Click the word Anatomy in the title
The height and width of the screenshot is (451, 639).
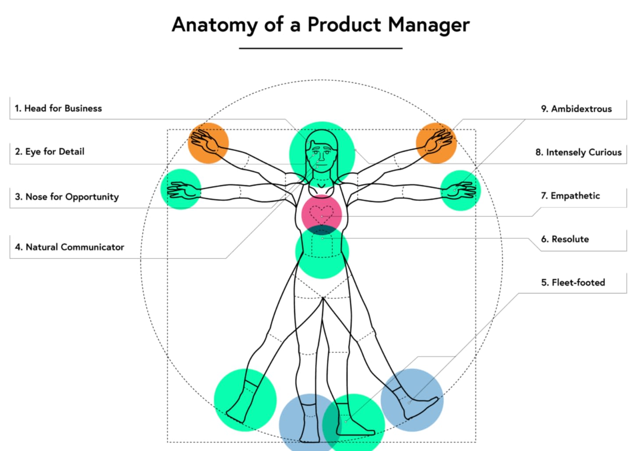(x=214, y=25)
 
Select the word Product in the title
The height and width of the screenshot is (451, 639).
(x=344, y=25)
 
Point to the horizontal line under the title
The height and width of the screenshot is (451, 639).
(x=320, y=48)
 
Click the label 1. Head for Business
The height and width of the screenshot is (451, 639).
(x=58, y=108)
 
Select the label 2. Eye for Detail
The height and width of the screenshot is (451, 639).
(x=50, y=152)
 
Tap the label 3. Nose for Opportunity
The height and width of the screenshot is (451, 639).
(x=67, y=197)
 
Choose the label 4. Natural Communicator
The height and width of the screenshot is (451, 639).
(x=69, y=247)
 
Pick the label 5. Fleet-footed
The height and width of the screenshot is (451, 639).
(x=573, y=283)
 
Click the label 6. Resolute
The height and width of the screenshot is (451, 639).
(x=565, y=239)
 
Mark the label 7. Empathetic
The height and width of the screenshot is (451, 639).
(x=570, y=196)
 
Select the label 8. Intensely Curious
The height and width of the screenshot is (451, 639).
(x=578, y=152)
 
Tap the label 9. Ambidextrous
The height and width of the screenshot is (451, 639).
(x=576, y=109)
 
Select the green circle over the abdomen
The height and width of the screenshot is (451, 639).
(x=322, y=259)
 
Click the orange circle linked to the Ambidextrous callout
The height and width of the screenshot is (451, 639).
(x=436, y=143)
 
